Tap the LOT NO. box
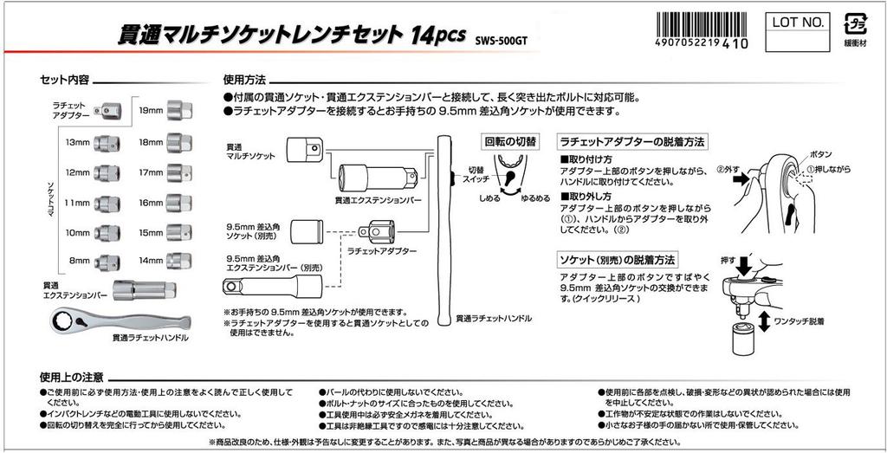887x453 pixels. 793,23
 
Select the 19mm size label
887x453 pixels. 152,110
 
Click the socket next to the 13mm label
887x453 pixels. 107,141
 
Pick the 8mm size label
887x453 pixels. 80,259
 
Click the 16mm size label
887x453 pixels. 152,203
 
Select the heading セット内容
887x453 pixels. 66,80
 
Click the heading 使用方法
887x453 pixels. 244,80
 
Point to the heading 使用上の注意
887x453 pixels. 73,378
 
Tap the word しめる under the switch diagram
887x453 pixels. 489,197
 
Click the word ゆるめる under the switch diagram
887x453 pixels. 534,197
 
